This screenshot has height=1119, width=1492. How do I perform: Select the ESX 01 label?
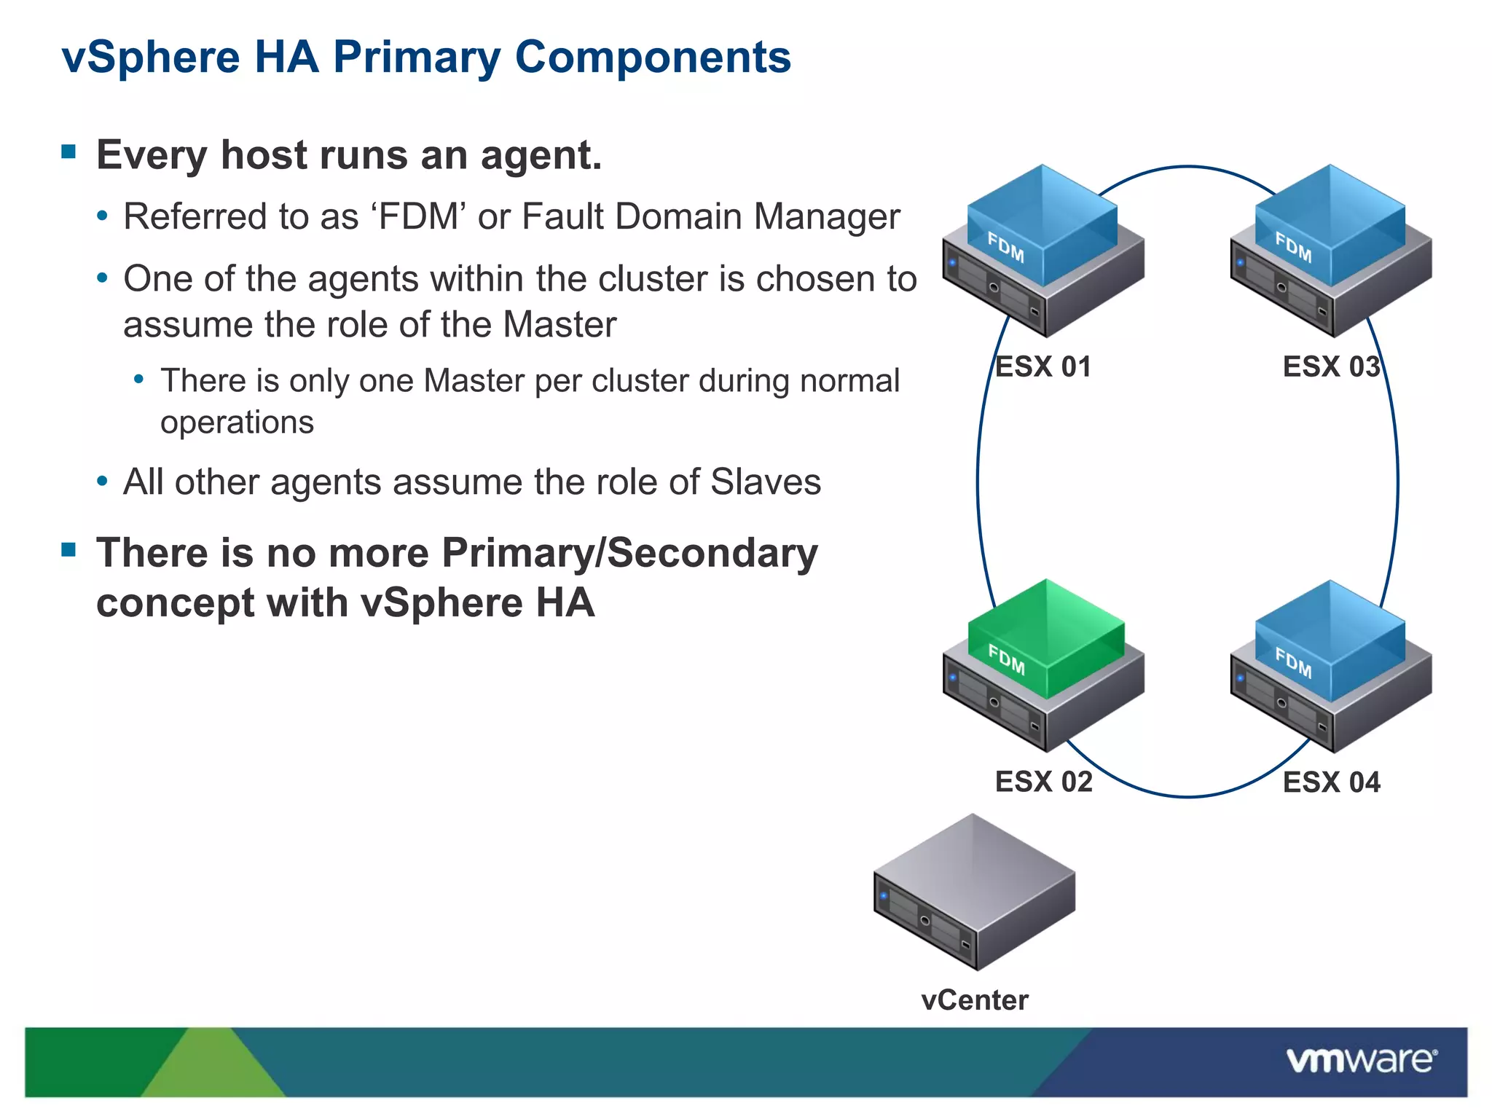click(1043, 366)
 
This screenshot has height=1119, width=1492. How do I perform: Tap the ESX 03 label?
click(1331, 366)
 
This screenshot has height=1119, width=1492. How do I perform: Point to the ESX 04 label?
click(1331, 782)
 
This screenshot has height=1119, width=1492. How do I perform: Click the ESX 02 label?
click(1043, 782)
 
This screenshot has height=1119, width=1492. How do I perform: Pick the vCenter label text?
click(975, 1000)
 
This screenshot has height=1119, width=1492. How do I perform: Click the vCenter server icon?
click(974, 892)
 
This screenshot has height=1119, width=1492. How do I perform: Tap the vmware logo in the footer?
click(1362, 1060)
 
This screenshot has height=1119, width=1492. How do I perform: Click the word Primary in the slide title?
click(416, 58)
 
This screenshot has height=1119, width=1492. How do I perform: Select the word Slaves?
click(765, 482)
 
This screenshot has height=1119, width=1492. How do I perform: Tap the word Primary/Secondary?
click(629, 553)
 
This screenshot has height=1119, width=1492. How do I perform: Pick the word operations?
click(237, 423)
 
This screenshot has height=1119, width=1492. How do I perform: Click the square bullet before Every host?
click(69, 152)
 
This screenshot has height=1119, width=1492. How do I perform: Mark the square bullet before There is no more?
click(69, 549)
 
